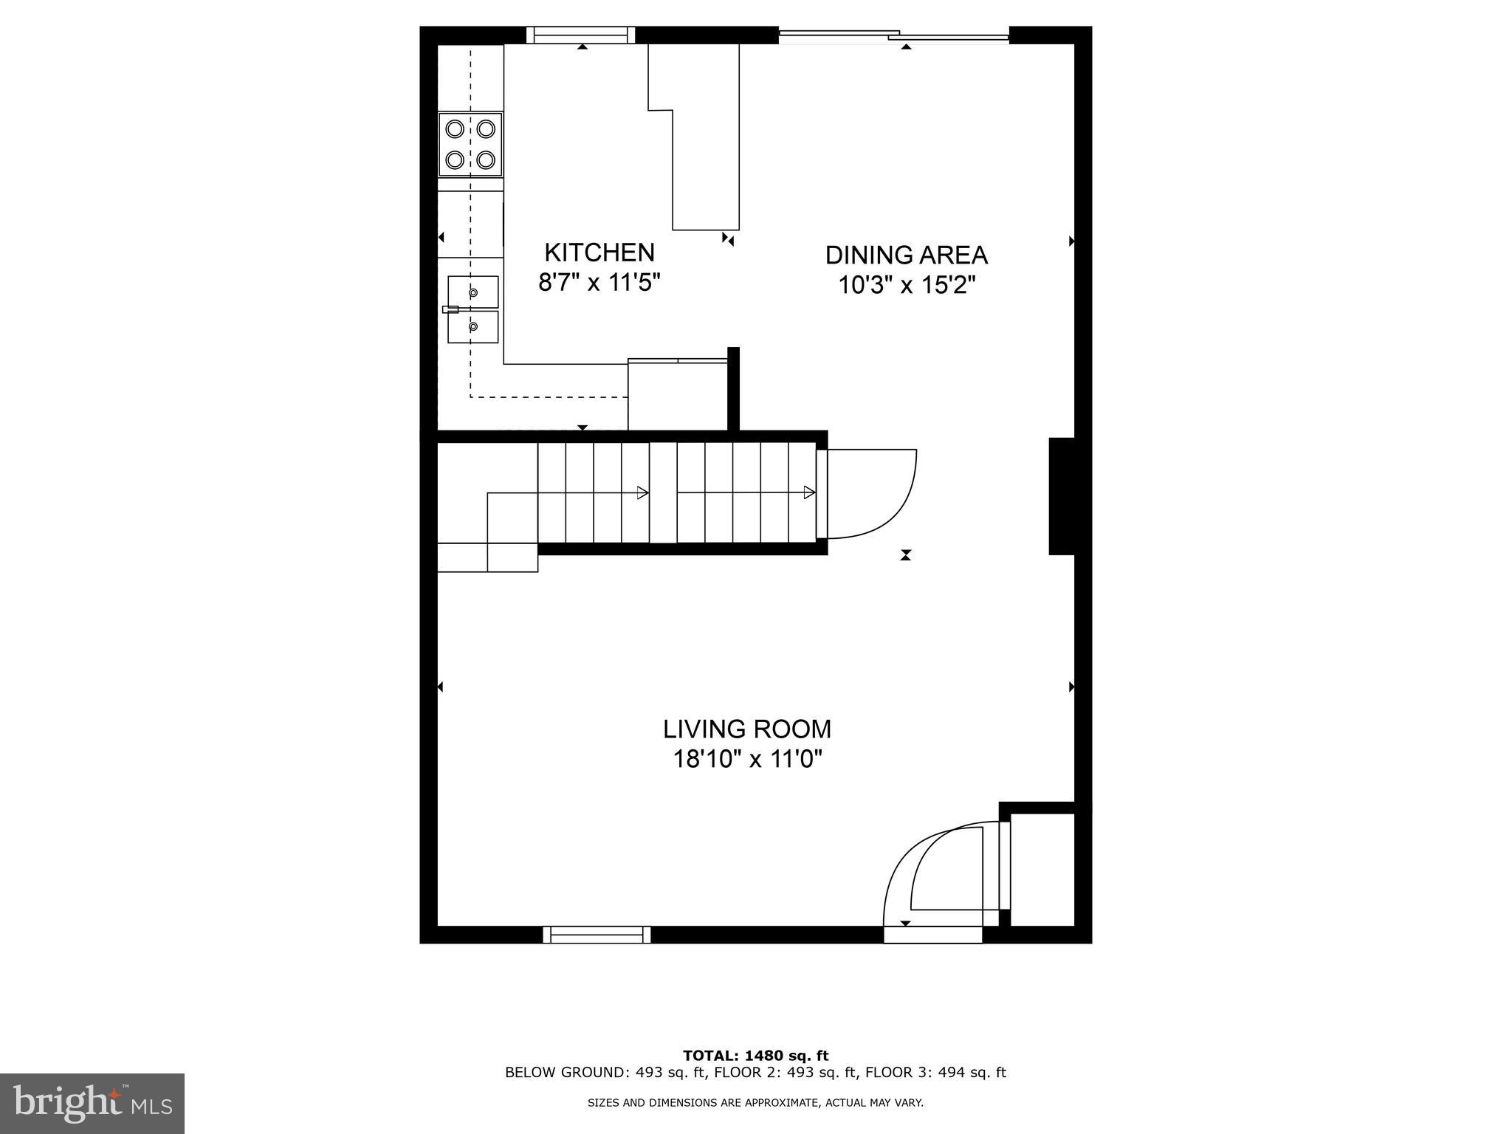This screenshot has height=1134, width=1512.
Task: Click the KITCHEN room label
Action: click(x=599, y=252)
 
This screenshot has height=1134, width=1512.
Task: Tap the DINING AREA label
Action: click(x=906, y=255)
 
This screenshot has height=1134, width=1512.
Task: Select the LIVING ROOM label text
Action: click(x=746, y=729)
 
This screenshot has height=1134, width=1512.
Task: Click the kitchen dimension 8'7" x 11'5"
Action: click(x=599, y=283)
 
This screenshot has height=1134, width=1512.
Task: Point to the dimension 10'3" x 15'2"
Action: click(x=906, y=285)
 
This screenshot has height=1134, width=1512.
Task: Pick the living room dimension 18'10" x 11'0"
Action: click(x=746, y=759)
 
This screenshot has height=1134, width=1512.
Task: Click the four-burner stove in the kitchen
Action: click(x=470, y=145)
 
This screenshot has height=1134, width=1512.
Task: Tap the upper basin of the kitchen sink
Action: click(x=472, y=292)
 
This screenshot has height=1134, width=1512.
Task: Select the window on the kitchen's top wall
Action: click(x=581, y=35)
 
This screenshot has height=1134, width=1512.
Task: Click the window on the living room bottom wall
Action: click(x=597, y=935)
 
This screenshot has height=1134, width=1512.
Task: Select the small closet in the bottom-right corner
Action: click(x=1042, y=869)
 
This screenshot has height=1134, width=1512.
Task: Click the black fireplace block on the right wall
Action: click(x=1061, y=496)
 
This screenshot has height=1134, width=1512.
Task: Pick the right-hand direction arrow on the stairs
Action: click(x=809, y=492)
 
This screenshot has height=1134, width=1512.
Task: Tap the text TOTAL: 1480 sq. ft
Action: click(x=755, y=1056)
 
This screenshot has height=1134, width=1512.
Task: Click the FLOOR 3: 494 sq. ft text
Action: click(x=935, y=1073)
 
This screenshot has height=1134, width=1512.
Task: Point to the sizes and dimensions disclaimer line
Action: click(x=755, y=1103)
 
